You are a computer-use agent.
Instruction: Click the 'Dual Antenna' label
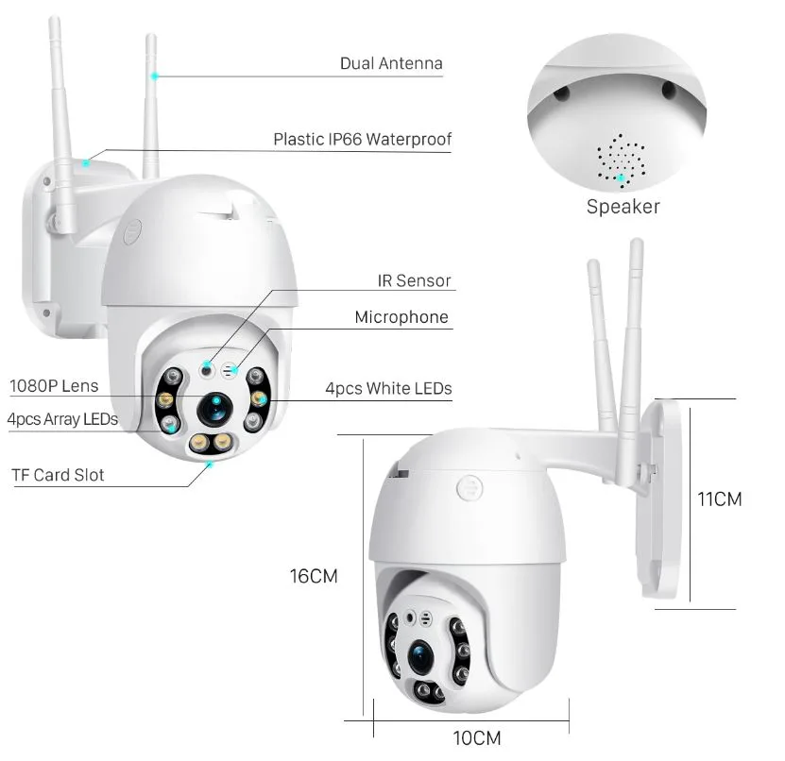click(x=391, y=63)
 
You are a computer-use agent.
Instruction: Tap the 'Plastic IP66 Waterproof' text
click(x=363, y=139)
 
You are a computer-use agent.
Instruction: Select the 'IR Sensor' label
click(x=414, y=280)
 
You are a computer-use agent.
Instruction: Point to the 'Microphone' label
click(x=401, y=317)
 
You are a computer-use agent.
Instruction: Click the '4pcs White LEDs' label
click(x=388, y=388)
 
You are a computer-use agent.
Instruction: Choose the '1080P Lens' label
click(x=54, y=386)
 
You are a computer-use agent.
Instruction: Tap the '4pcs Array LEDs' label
click(x=62, y=419)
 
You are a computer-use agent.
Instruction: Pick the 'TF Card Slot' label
click(x=58, y=475)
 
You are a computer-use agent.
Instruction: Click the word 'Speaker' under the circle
click(x=623, y=207)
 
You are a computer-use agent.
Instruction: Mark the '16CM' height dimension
click(x=314, y=576)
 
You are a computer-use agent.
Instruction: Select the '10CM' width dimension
click(x=477, y=738)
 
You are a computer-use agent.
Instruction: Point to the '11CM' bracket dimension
click(x=720, y=499)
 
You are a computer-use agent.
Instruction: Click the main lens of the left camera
click(x=215, y=409)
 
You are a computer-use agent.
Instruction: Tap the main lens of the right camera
click(x=421, y=656)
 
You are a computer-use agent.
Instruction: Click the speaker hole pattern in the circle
click(x=621, y=161)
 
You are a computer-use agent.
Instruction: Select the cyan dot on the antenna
click(x=155, y=76)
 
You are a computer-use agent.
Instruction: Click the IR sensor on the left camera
click(x=206, y=370)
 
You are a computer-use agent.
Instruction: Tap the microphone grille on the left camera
click(x=229, y=371)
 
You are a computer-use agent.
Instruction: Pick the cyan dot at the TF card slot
click(x=210, y=465)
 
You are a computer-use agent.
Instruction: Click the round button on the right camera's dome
click(x=469, y=487)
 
